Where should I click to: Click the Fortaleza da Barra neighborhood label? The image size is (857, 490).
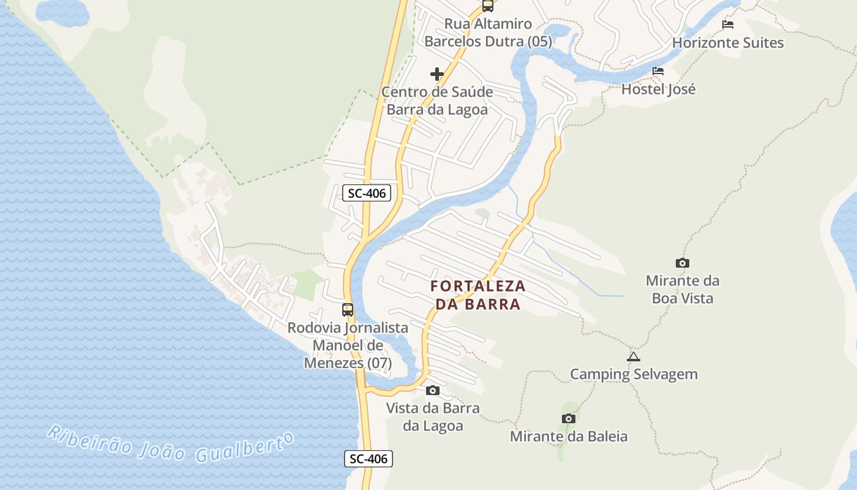(477, 295)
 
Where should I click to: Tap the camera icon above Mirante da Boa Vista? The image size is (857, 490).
(682, 263)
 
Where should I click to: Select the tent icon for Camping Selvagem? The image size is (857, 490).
(634, 356)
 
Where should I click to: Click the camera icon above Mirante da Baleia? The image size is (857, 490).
(569, 419)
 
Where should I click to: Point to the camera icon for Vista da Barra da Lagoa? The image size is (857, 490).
(433, 390)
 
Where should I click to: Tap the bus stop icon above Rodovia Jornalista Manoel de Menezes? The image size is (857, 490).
(348, 310)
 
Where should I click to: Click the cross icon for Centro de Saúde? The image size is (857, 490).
(437, 74)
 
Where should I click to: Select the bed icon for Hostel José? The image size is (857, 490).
(658, 71)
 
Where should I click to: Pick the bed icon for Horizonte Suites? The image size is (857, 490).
(728, 24)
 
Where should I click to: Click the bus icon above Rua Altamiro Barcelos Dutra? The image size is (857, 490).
(488, 6)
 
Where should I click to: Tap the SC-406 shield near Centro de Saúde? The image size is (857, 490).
(367, 194)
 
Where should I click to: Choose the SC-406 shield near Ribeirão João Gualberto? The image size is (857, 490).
(368, 459)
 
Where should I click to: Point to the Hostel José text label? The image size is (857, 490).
(659, 89)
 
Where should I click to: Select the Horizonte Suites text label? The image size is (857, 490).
(728, 43)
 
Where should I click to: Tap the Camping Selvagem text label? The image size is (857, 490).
(634, 374)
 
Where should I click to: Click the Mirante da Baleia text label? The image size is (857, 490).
(569, 437)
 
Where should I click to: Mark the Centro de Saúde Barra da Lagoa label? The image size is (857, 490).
(437, 101)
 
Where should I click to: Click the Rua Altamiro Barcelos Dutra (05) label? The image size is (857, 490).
(488, 33)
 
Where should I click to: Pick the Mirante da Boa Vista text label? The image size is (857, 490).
(683, 290)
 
